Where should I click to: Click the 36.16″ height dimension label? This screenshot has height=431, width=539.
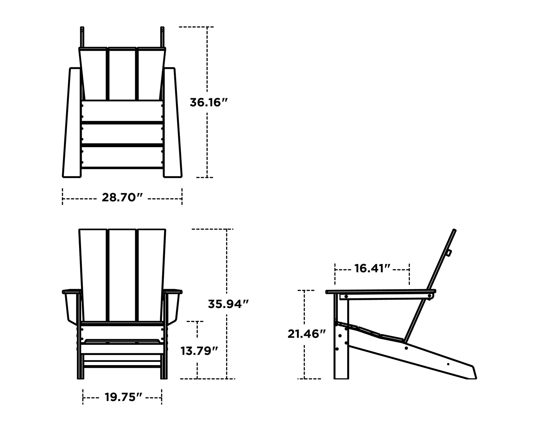[209, 102]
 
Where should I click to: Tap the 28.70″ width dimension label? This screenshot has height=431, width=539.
[122, 198]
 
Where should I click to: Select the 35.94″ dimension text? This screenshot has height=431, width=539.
[228, 304]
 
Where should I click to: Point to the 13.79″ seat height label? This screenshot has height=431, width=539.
[199, 351]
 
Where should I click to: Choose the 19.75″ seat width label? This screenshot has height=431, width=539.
[123, 397]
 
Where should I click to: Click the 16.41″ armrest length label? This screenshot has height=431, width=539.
[373, 268]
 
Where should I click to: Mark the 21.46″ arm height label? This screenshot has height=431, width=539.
[306, 334]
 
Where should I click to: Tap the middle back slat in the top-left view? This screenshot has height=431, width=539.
[122, 74]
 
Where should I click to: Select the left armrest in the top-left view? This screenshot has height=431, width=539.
[72, 123]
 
